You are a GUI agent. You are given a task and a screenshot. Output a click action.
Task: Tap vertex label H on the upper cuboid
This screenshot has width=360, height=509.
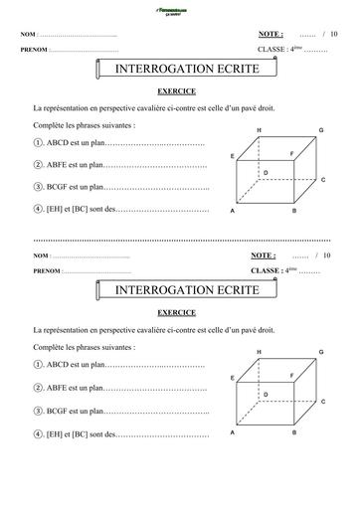coord(261,131)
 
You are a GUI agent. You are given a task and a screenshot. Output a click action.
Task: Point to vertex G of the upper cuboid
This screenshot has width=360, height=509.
coord(321,131)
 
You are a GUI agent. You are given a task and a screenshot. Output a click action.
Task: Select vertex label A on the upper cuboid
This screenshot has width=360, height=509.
coord(233,212)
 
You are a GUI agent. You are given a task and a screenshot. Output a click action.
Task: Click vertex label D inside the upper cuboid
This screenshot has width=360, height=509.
coord(265,173)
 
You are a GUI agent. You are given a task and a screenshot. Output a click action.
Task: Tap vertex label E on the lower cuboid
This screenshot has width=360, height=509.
coord(232,378)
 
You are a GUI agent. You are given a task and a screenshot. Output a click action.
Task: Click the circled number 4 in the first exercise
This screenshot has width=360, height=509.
coord(37,209)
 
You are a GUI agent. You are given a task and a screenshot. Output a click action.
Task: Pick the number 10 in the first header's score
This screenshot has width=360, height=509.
coord(334,33)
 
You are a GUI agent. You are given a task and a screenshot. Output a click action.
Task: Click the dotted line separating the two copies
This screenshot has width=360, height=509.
coord(179,240)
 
